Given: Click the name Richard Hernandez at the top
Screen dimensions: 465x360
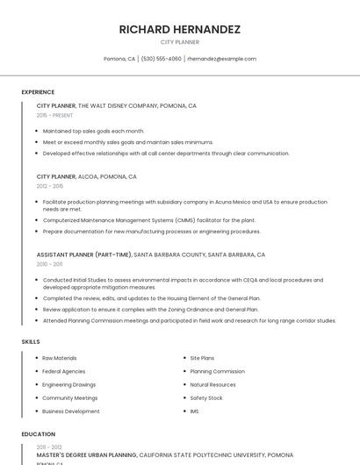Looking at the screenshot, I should [x=180, y=29].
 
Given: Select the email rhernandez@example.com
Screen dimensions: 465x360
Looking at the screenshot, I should [x=222, y=59].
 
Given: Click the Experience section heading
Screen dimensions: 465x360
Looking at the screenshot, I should [x=38, y=92].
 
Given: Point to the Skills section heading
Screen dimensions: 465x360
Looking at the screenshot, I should [x=31, y=340].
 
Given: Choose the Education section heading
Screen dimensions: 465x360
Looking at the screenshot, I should [x=39, y=434].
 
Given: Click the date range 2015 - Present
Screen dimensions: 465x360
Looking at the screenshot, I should [x=54, y=115].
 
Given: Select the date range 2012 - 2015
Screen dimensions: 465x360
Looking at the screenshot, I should [x=49, y=186].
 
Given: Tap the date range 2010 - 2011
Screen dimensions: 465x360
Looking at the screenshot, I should [x=49, y=264].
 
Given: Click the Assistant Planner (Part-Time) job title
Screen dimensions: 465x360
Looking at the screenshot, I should [x=84, y=254].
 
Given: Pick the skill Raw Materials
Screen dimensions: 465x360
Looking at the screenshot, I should [x=60, y=358].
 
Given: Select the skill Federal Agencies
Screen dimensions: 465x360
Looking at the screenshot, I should [x=64, y=371].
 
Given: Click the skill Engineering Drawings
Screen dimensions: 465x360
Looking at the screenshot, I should [x=69, y=384].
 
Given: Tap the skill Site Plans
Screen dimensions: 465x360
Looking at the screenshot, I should [x=202, y=358].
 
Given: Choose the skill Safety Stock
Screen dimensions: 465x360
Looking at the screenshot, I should [x=206, y=397].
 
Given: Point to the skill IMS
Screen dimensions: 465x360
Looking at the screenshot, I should [x=195, y=411].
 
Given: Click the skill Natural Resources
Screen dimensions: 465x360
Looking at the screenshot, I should [x=213, y=384].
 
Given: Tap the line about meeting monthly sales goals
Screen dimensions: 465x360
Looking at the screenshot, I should [x=127, y=141].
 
